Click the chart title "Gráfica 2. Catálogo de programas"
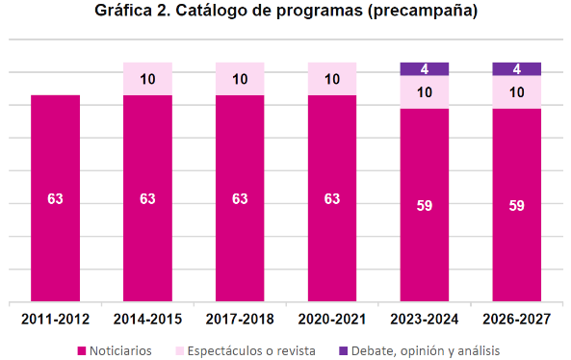coord(229,11)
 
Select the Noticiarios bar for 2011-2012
coord(55,198)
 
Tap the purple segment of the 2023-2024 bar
coord(425,69)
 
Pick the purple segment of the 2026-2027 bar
coord(517,69)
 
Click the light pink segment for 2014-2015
coord(147,79)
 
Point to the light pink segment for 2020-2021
coord(332,79)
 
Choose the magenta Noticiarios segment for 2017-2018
coord(240,198)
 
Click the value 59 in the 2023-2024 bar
coord(425,206)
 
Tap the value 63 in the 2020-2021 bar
coord(332,198)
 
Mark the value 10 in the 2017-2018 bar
coord(240,79)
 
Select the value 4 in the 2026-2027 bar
coord(517,69)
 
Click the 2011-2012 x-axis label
coord(55,320)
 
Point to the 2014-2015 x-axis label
coord(147,320)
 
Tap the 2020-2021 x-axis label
coord(332,320)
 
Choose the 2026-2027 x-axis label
coord(517,320)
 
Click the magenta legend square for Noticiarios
coord(82,351)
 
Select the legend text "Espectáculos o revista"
coord(251,351)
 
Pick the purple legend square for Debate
coord(343,351)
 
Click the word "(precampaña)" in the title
coord(423,11)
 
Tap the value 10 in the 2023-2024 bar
coord(425,92)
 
